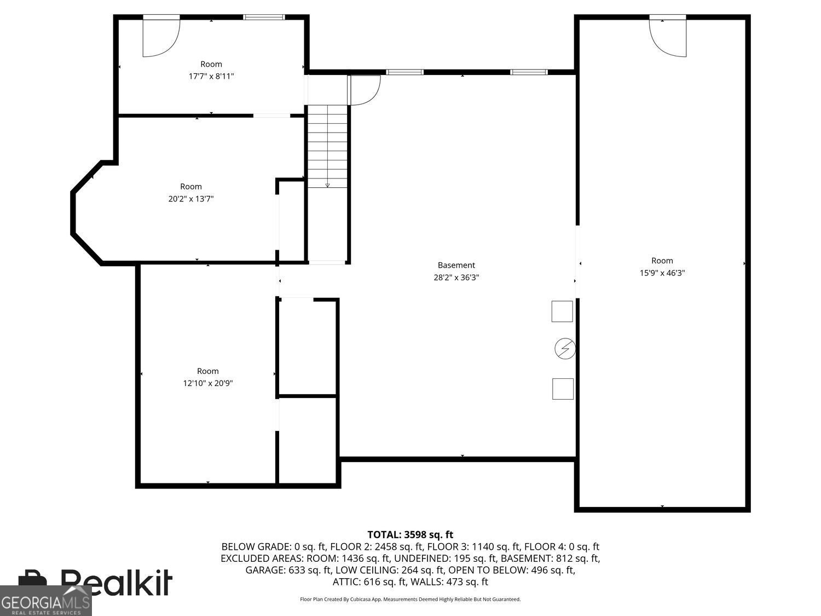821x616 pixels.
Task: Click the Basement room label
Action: pyautogui.click(x=456, y=265)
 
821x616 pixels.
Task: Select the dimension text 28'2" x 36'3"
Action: pyautogui.click(x=456, y=278)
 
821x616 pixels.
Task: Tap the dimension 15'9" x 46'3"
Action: pyautogui.click(x=662, y=273)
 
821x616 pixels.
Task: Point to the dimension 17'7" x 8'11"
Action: pyautogui.click(x=211, y=77)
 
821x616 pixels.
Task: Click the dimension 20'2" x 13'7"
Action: pyautogui.click(x=190, y=199)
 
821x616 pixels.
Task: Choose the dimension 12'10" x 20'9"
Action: pyautogui.click(x=208, y=384)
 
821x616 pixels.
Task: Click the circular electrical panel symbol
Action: pyautogui.click(x=565, y=349)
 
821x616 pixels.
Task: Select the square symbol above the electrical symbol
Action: pyautogui.click(x=562, y=311)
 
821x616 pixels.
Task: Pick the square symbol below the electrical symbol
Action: pyautogui.click(x=563, y=389)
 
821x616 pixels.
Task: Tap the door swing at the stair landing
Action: pyautogui.click(x=364, y=89)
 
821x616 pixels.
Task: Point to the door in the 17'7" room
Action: pyautogui.click(x=160, y=36)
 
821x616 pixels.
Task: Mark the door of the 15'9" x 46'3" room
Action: pyautogui.click(x=668, y=36)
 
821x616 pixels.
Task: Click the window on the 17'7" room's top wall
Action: pyautogui.click(x=264, y=17)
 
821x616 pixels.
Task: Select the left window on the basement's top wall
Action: pyautogui.click(x=405, y=72)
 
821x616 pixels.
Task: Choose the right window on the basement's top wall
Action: pyautogui.click(x=529, y=72)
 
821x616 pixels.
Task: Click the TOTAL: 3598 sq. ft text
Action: pyautogui.click(x=410, y=534)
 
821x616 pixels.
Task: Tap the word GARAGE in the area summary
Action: pyautogui.click(x=265, y=570)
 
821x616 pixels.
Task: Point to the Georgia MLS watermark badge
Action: pyautogui.click(x=45, y=601)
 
